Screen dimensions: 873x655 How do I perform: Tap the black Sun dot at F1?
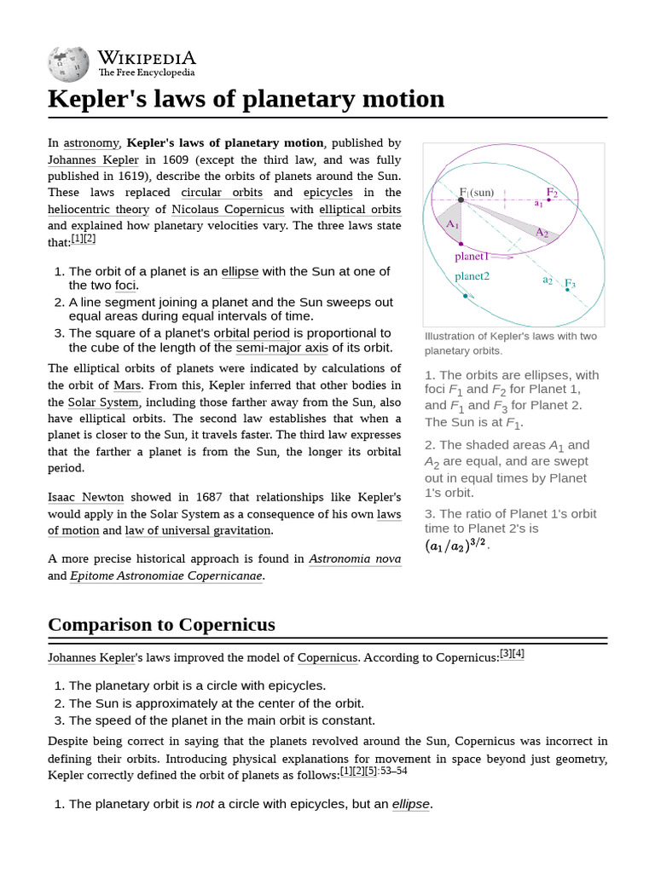point(461,201)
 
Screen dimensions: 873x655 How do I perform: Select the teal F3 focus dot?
point(567,290)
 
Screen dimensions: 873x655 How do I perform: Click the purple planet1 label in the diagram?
point(472,256)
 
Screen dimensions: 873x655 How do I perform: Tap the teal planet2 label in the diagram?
point(472,276)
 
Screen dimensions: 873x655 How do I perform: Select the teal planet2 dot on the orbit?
point(465,296)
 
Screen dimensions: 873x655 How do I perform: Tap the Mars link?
point(127,385)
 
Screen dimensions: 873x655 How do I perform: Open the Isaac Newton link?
point(85,497)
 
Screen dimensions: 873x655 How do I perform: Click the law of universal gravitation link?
point(198,530)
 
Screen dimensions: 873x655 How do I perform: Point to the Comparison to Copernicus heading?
point(161,625)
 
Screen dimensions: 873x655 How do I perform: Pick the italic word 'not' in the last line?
point(205,804)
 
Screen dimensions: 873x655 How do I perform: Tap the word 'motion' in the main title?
point(400,99)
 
